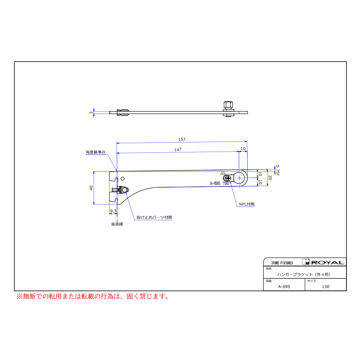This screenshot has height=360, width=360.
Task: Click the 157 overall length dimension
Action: coord(182,139)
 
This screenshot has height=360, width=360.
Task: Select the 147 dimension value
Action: coord(178,150)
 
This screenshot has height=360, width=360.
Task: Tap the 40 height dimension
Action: coord(91,188)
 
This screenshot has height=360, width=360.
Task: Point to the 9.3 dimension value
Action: coord(113,211)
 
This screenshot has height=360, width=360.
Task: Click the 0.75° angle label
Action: coord(278,170)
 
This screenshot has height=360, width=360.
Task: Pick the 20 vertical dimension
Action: coord(270,178)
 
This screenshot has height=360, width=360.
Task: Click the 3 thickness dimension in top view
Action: coord(91,112)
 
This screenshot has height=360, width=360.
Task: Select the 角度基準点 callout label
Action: coord(96,152)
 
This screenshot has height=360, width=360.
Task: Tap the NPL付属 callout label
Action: coord(247,204)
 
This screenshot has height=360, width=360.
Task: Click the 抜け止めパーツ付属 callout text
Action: coord(154,217)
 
